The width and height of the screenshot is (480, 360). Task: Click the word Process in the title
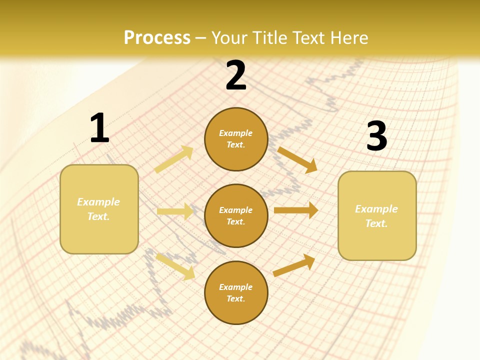tap(157, 37)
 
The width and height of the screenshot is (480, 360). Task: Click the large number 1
tap(99, 128)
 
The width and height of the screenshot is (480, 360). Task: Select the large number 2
tap(236, 75)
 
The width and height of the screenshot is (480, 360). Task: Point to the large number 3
tap(376, 136)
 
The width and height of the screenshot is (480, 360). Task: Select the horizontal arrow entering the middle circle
tap(174, 211)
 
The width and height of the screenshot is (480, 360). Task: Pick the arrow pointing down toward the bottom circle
tap(175, 266)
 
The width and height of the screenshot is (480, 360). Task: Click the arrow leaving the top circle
tap(297, 159)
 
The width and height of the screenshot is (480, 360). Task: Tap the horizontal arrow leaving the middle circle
tap(295, 210)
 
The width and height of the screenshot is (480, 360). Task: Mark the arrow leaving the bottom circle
tap(294, 265)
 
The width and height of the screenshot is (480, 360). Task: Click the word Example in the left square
tap(98, 202)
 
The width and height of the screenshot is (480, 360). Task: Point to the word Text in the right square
tap(376, 223)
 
